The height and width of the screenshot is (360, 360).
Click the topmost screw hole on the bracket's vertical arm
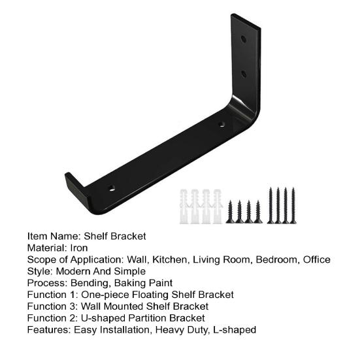click(x=243, y=39)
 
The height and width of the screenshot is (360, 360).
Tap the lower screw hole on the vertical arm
click(x=244, y=74)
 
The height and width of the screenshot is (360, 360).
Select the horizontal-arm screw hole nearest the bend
click(x=221, y=124)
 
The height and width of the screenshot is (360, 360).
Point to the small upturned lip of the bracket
click(x=76, y=189)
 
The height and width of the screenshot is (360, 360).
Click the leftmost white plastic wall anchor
click(x=184, y=206)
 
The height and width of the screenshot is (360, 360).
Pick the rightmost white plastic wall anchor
click(x=217, y=206)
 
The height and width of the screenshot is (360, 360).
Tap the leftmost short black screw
click(x=230, y=212)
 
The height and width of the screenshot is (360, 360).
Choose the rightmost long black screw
click(x=293, y=206)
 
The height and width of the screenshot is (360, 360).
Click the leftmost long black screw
click(x=270, y=206)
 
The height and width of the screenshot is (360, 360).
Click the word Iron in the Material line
click(x=79, y=248)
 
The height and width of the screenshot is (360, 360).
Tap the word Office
click(x=317, y=259)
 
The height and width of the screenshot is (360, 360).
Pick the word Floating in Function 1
click(x=150, y=295)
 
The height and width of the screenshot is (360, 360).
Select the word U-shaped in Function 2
click(x=103, y=318)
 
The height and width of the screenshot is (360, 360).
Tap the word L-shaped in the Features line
click(x=235, y=330)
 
